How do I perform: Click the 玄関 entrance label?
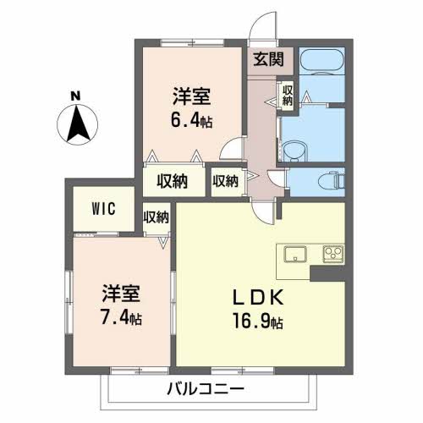(x=268, y=59)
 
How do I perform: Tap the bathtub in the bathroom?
(x=322, y=62)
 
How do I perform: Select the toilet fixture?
(x=332, y=180)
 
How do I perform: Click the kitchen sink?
(x=295, y=254)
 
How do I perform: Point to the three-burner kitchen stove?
(x=333, y=254)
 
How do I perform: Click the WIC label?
(x=103, y=209)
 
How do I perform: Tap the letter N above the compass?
(x=75, y=96)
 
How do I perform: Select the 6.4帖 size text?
(x=191, y=121)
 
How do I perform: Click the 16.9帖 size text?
(x=258, y=321)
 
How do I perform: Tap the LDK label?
(x=258, y=298)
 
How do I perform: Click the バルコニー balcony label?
(x=206, y=389)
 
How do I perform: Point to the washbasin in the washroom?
(x=293, y=151)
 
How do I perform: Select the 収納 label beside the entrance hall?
(x=288, y=96)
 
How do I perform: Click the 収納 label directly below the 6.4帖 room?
(x=173, y=181)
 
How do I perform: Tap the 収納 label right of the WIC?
(x=157, y=217)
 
